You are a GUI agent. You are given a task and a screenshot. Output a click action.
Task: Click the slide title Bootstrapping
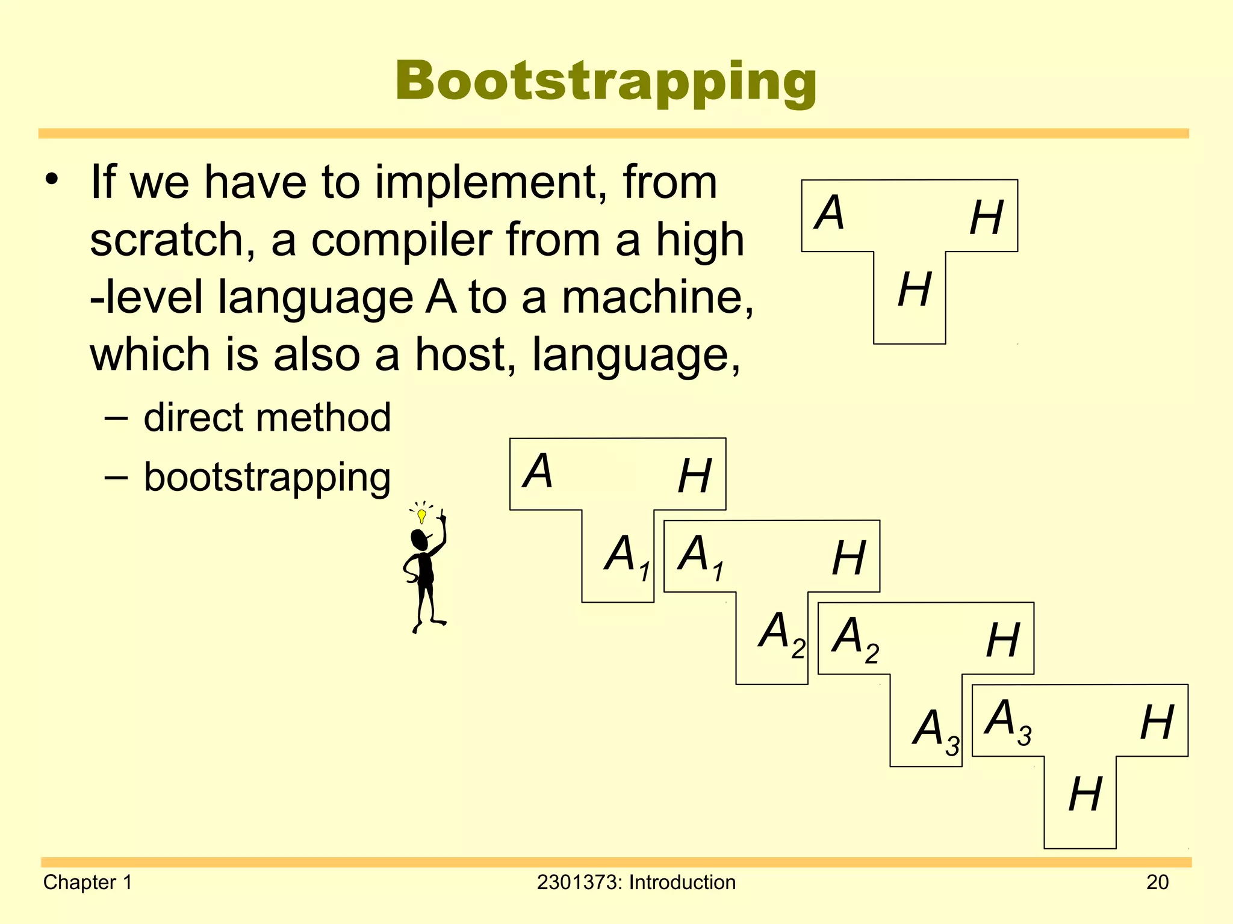(x=606, y=82)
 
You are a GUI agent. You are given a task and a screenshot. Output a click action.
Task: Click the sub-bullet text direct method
(x=267, y=417)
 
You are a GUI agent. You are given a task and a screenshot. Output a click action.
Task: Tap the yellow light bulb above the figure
(x=422, y=516)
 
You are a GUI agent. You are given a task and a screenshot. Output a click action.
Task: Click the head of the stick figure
(x=419, y=540)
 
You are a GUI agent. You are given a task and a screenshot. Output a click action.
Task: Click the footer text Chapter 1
(x=88, y=882)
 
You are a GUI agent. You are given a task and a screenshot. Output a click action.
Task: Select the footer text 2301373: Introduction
(x=636, y=882)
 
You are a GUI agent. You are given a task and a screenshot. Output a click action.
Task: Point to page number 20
(x=1157, y=882)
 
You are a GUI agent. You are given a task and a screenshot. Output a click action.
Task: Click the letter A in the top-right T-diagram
(x=829, y=213)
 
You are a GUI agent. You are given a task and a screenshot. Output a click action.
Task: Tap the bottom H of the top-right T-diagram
(x=914, y=290)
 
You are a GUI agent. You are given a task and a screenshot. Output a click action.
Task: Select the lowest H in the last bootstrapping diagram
(x=1085, y=795)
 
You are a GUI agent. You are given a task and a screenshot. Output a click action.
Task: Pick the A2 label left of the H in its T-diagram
(x=854, y=638)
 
